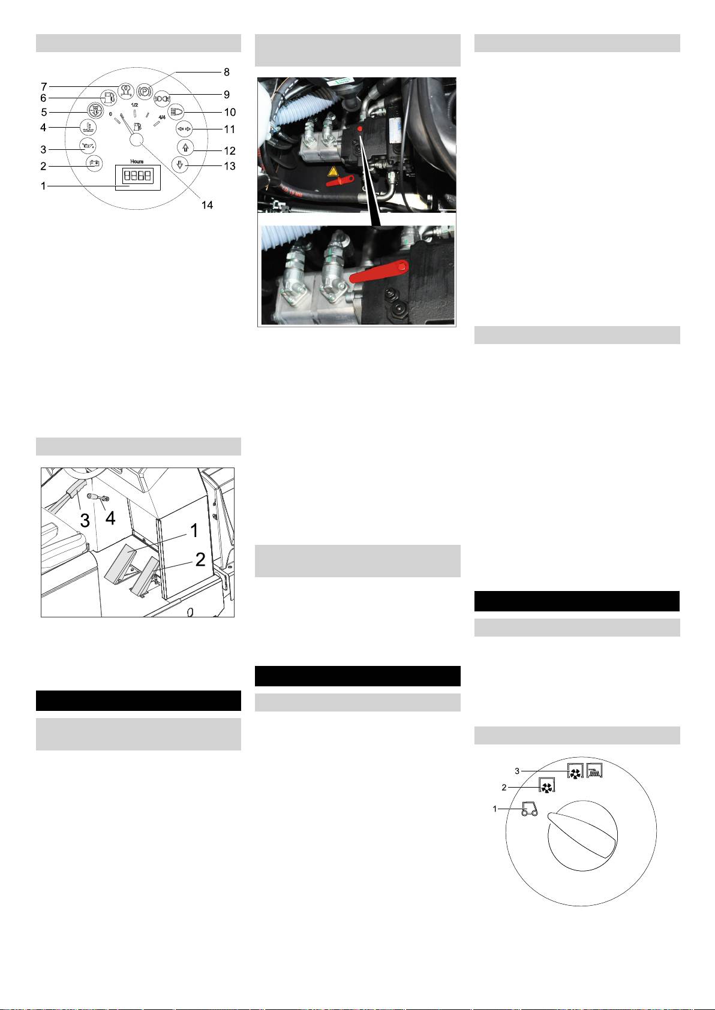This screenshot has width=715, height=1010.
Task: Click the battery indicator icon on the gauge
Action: click(94, 163)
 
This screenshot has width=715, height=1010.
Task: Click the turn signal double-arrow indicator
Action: click(184, 129)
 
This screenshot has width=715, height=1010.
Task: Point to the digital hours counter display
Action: click(137, 176)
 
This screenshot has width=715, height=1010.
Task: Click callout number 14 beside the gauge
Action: click(207, 205)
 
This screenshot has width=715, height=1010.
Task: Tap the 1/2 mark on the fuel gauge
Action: click(134, 105)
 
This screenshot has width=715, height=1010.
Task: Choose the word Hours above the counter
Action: click(137, 161)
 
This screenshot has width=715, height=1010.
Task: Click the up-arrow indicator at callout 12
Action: click(185, 147)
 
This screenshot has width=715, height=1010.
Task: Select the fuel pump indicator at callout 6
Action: click(108, 97)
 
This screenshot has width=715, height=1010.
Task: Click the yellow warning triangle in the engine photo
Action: click(333, 171)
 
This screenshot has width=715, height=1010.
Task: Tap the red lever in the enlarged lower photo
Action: click(379, 272)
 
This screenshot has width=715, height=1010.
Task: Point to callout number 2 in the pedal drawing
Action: click(200, 560)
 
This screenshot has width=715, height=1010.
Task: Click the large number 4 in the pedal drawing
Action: click(110, 518)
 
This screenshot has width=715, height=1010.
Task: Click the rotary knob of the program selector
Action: click(582, 836)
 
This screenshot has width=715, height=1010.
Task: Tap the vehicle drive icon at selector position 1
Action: click(529, 809)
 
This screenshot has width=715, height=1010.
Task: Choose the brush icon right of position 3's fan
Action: click(594, 771)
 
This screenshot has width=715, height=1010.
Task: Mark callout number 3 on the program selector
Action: click(517, 771)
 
